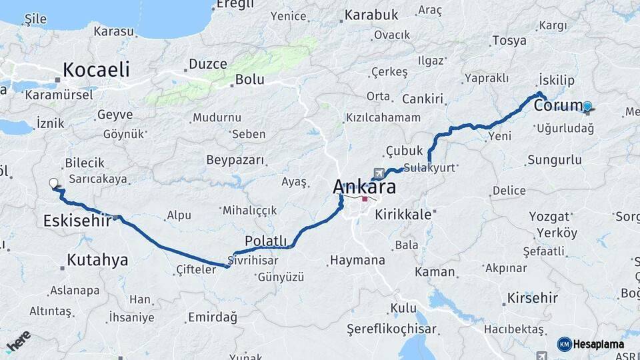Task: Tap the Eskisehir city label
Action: tap(77, 221)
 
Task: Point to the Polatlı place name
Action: tap(266, 241)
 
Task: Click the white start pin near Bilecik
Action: tap(54, 184)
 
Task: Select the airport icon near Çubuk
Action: tap(380, 174)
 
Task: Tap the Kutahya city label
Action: tap(97, 260)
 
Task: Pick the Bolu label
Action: tap(249, 80)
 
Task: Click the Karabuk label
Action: tap(372, 15)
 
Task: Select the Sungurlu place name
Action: tap(554, 160)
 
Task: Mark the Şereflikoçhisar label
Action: tap(391, 329)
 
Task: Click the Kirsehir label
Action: tap(532, 297)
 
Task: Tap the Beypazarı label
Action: tap(235, 161)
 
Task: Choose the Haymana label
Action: tap(357, 260)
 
